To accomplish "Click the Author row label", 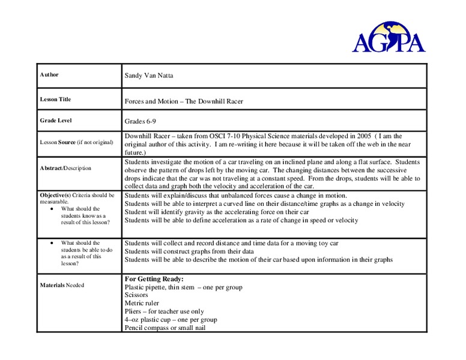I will click(49, 75).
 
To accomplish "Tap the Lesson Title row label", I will click(55, 100).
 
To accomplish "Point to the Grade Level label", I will click(56, 121).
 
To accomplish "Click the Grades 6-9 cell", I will click(141, 121).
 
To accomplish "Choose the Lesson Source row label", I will click(76, 142).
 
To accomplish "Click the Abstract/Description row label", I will click(65, 168).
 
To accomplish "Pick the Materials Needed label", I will click(62, 285).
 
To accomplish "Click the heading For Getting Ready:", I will click(154, 279).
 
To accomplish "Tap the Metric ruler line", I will click(142, 303).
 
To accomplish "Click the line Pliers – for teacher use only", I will click(164, 311).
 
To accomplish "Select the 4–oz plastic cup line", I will click(171, 319).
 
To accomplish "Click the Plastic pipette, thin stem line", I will click(183, 287).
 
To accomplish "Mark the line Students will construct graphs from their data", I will click(189, 251).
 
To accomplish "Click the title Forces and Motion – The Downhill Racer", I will click(183, 101).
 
